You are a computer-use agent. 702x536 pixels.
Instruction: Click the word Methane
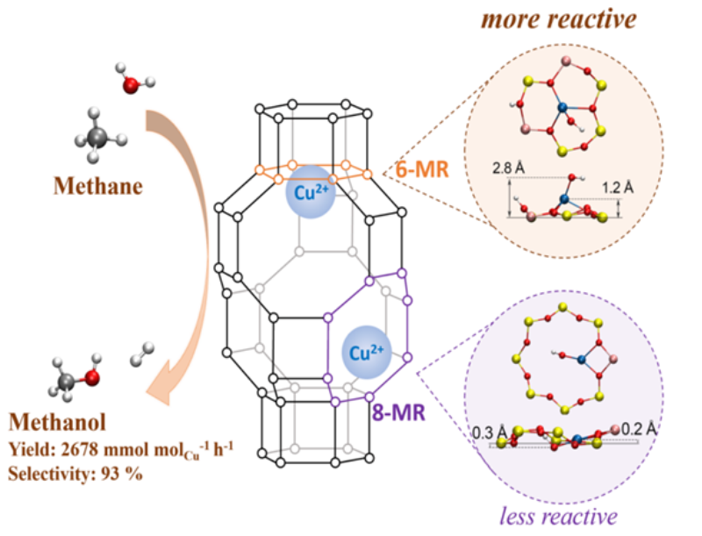point(99,186)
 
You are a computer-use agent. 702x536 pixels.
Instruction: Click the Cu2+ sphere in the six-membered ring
point(309,191)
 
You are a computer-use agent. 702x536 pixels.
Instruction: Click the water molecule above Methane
point(129,85)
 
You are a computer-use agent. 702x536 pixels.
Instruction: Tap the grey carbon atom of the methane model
point(99,135)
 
